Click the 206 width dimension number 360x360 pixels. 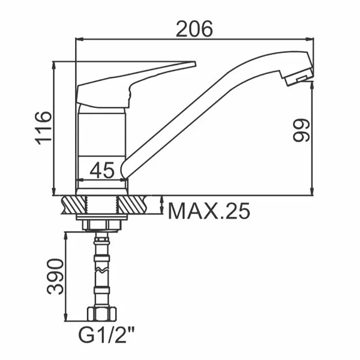coord(194,29)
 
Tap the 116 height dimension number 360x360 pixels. coord(43,128)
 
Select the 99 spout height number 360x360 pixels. coord(301,130)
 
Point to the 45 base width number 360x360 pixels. coord(102,170)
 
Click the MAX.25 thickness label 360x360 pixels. coord(209,211)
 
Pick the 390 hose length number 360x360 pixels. coord(55,277)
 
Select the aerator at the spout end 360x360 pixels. coord(298,77)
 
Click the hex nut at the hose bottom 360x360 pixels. coord(102,314)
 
